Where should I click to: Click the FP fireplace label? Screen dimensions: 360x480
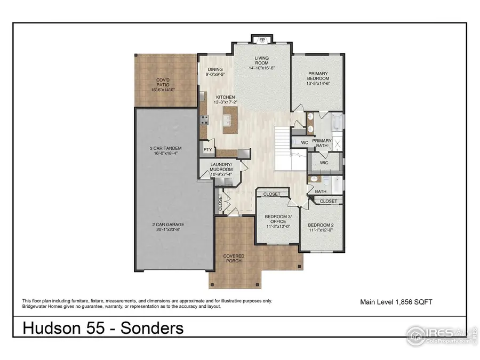coord(262,40)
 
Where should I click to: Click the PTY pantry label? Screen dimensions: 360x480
coord(207,150)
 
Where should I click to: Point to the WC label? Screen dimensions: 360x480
coord(304,142)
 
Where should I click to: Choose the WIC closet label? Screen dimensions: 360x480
coord(324,162)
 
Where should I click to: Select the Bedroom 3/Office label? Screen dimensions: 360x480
coord(277,220)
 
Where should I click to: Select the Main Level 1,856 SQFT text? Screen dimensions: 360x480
coord(396,302)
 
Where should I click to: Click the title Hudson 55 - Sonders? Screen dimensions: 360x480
coord(103,328)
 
